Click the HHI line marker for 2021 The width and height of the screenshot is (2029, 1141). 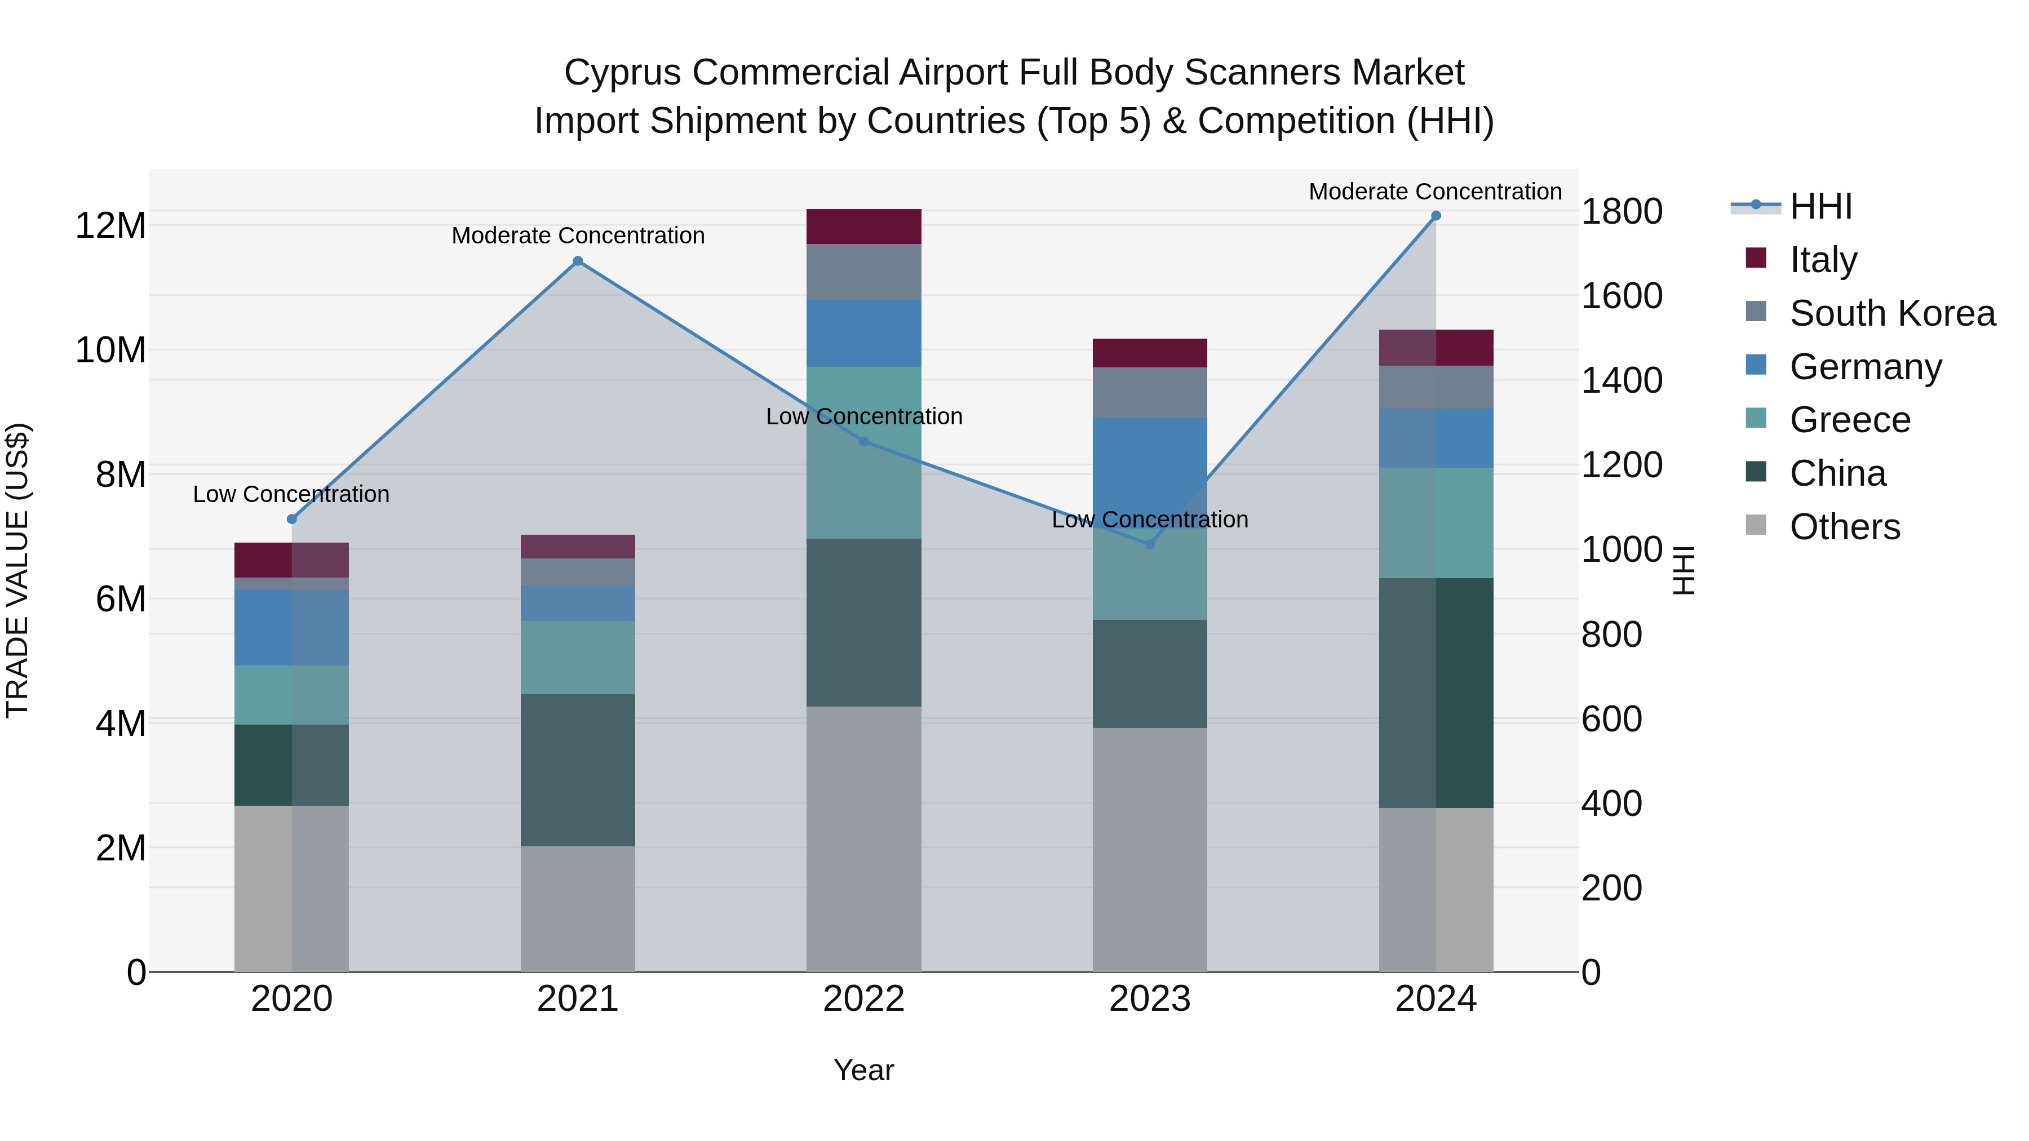(577, 261)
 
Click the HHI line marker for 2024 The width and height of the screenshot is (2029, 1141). (1435, 216)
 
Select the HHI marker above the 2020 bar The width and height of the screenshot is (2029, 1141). (291, 519)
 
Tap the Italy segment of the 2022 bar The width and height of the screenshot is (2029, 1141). (863, 227)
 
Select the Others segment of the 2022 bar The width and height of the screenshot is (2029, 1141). (863, 838)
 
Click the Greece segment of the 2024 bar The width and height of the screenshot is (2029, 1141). (1435, 523)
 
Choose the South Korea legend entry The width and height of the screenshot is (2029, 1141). (1892, 313)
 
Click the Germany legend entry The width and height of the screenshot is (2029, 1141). (1865, 367)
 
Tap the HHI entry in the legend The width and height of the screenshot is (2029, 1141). (1820, 206)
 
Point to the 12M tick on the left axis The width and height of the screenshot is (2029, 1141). (110, 226)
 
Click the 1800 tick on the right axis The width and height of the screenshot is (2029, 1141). (1622, 212)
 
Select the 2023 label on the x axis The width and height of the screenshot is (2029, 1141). (1149, 999)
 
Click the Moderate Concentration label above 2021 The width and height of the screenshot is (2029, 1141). (577, 236)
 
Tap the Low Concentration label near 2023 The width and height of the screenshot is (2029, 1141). (1149, 520)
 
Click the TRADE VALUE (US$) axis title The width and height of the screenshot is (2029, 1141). (17, 570)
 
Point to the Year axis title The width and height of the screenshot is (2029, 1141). (863, 1070)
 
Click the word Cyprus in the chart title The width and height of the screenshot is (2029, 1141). (622, 73)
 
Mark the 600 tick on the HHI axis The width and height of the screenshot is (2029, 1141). (1611, 719)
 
